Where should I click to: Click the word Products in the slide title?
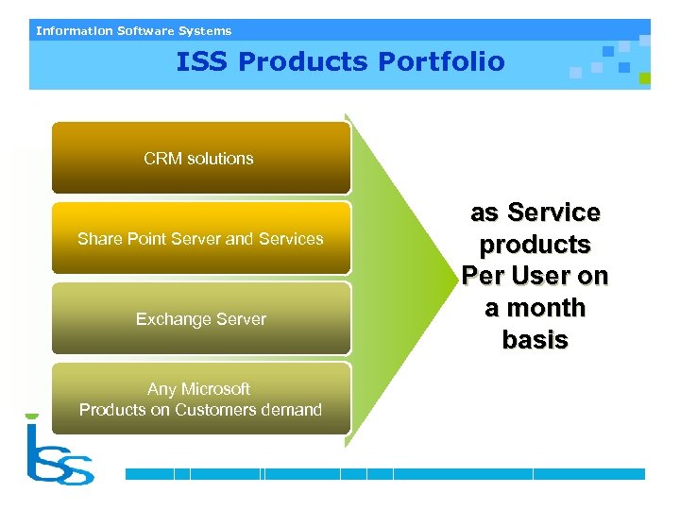303,62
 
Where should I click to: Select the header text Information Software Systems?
133,31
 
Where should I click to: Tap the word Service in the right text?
553,212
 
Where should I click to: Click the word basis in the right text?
535,340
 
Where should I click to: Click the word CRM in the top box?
161,159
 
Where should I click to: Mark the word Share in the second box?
97,239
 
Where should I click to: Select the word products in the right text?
535,245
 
